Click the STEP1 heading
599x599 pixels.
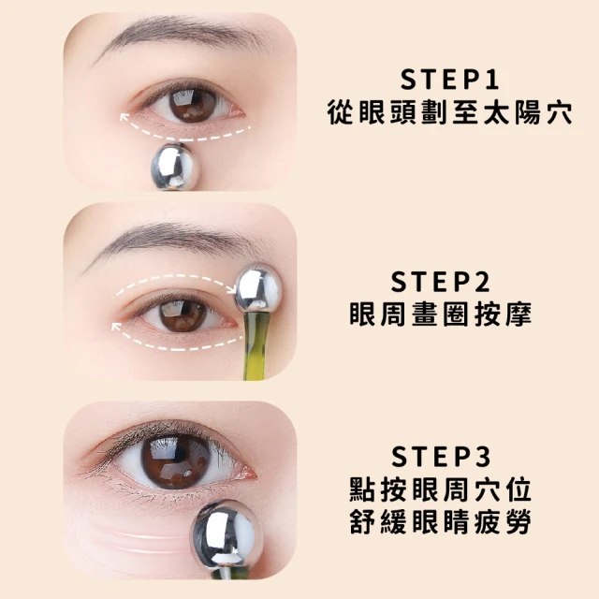[x=449, y=79]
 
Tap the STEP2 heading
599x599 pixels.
[x=441, y=282]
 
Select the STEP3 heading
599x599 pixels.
[x=441, y=456]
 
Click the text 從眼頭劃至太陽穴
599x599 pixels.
[x=449, y=112]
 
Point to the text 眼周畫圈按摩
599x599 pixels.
[x=441, y=314]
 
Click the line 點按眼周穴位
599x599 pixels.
[x=441, y=489]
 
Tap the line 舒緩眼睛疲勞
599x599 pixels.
[x=441, y=521]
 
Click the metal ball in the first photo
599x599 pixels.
[x=172, y=167]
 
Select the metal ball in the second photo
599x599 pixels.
[x=258, y=288]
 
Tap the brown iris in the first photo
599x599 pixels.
[x=192, y=105]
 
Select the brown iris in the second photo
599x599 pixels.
[x=183, y=314]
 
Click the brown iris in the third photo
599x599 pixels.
[x=176, y=460]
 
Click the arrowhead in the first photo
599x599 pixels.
[x=124, y=117]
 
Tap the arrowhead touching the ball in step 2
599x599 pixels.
[x=231, y=289]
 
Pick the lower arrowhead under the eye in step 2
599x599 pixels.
[x=115, y=327]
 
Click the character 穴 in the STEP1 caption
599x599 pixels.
[x=560, y=112]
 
